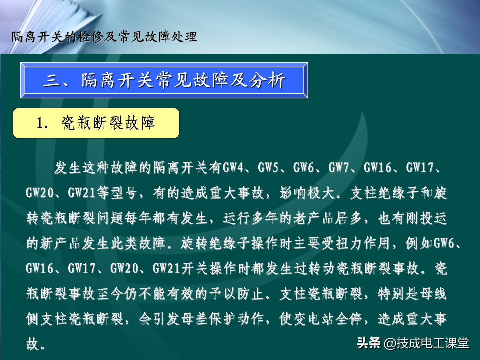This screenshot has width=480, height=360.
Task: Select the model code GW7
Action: (x=339, y=168)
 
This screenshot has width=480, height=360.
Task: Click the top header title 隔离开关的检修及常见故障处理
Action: (x=104, y=37)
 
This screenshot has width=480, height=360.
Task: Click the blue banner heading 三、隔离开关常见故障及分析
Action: (x=164, y=80)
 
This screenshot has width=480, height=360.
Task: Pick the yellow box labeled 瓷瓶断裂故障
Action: (x=96, y=123)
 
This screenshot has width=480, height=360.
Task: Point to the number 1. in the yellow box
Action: (x=42, y=123)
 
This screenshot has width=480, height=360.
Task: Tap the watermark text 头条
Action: (x=369, y=343)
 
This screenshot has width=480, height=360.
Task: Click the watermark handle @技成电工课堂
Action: (x=426, y=343)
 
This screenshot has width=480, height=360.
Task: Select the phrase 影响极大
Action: (x=306, y=193)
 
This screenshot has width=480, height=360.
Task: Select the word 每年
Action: (x=138, y=218)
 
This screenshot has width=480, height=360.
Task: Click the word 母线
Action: (x=433, y=294)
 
